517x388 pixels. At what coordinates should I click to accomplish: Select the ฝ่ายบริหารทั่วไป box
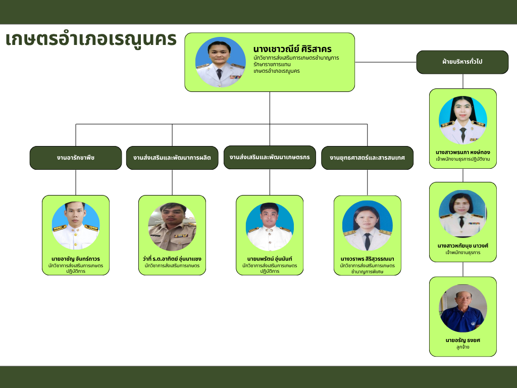point(462,62)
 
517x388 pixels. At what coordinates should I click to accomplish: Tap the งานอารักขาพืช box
point(76,158)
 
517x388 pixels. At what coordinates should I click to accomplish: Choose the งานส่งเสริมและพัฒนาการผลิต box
point(172,158)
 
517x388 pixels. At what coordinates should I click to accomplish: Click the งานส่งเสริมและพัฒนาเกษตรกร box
point(270,158)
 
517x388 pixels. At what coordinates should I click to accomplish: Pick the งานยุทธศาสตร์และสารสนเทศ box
point(368,158)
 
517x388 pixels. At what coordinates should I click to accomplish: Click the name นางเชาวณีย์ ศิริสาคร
point(292,49)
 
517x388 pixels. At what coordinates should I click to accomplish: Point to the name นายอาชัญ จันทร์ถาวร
point(76,259)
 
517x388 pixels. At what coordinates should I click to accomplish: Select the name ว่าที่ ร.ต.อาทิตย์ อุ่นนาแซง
point(172,259)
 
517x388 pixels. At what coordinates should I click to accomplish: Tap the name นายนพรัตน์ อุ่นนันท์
point(270,259)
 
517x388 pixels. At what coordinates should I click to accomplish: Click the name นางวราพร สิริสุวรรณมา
point(368,259)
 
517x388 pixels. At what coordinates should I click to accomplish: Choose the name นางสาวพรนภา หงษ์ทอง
point(463,153)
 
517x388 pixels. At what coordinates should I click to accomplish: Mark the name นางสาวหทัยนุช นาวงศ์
point(463,246)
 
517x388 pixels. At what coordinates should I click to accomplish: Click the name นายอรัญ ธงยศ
point(463,340)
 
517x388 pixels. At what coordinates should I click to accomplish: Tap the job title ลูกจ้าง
point(463,347)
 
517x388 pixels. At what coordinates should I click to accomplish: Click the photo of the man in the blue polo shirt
point(463,308)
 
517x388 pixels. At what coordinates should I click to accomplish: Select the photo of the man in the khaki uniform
point(172,227)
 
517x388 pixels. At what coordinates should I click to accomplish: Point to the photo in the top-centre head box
point(220,62)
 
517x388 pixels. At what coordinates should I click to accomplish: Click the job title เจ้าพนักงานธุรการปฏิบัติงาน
point(463,159)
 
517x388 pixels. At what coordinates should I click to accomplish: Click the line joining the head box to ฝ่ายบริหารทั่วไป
point(386,62)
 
